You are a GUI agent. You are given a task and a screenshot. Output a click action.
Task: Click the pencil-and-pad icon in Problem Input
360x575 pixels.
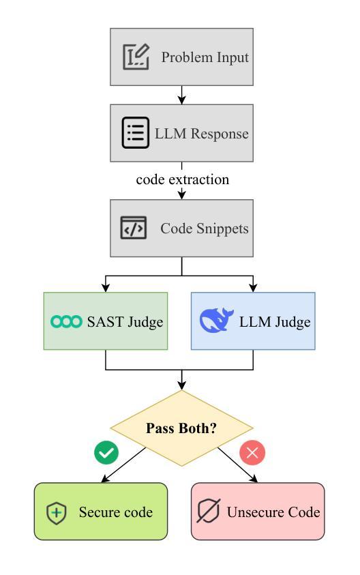tap(136, 57)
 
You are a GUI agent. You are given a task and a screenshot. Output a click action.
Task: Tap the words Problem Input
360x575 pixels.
tap(205, 57)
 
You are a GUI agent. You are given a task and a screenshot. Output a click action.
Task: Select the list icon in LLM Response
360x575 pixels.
tap(135, 133)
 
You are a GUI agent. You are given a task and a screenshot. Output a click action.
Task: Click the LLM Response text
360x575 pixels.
tap(202, 134)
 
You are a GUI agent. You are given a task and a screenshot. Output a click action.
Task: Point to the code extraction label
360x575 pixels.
tap(183, 179)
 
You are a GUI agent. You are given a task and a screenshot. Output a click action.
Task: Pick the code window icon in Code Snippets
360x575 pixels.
tap(134, 228)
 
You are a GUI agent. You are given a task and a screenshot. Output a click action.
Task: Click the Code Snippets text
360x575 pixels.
tap(204, 228)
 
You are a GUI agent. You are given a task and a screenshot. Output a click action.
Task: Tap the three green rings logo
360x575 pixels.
tap(66, 321)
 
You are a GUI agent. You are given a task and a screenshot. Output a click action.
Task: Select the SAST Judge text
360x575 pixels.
tap(125, 321)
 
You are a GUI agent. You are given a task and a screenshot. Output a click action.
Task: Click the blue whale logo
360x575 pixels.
tap(216, 320)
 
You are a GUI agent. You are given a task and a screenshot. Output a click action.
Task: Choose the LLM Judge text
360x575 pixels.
tap(275, 322)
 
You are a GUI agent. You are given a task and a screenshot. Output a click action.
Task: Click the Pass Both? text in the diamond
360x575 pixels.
tap(181, 428)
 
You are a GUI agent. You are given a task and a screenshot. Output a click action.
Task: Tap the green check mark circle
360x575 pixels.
tap(106, 453)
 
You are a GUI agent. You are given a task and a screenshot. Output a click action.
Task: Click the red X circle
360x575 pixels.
tap(252, 453)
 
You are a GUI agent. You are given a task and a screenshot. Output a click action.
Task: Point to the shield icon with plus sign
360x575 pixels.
tap(57, 513)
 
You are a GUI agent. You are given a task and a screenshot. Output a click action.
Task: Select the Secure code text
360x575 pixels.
tap(116, 512)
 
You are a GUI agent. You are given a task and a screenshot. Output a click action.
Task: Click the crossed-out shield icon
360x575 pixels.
tap(209, 510)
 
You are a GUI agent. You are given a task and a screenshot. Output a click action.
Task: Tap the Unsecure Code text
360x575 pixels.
tap(273, 512)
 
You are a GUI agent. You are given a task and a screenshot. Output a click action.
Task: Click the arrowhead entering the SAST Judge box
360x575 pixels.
tap(106, 289)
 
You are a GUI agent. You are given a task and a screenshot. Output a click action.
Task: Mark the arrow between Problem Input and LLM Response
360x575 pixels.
tap(182, 95)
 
